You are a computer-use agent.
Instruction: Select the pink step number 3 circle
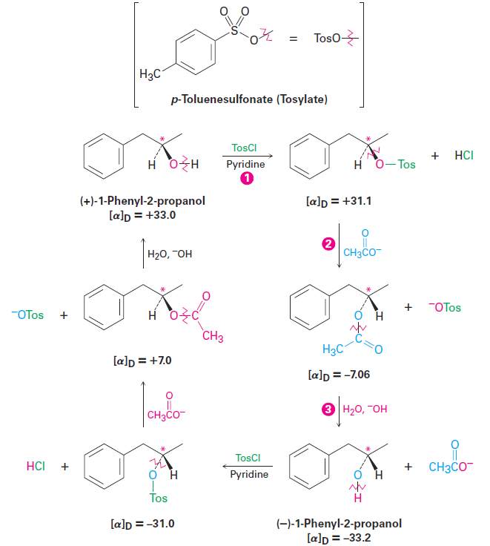pyautogui.click(x=325, y=409)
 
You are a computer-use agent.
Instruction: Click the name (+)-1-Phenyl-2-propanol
pyautogui.click(x=142, y=200)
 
